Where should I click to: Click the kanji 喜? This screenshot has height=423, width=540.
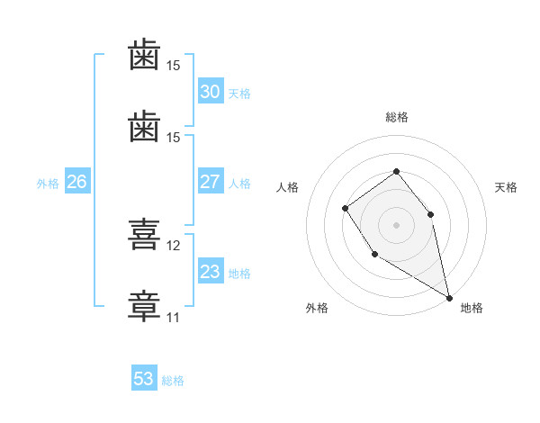point(144,234)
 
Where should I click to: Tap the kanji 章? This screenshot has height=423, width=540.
point(144,306)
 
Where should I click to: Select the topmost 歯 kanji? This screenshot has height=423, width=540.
point(144,54)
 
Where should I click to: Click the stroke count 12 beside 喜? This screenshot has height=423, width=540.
point(173,246)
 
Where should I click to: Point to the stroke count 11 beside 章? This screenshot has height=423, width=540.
point(173,318)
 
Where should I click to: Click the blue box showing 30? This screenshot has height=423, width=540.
point(211,91)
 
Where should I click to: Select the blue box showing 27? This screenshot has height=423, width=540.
point(211,181)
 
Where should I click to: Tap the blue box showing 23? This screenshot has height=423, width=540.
point(211,270)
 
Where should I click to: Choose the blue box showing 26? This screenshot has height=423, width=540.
point(77,181)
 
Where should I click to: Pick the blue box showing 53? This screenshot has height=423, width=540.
point(144,377)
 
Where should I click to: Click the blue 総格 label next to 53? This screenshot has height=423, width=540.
point(173,381)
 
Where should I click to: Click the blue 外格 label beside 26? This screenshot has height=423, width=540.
point(48,184)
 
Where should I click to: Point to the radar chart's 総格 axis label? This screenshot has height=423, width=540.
point(397,117)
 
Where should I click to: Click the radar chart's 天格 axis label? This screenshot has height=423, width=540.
point(506,187)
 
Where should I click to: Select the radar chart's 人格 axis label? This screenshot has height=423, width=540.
point(287,187)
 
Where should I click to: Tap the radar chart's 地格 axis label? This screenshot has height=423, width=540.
point(472,308)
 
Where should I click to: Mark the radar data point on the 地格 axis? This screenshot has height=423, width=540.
point(449,298)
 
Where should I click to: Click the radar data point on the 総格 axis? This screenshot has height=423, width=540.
point(396,171)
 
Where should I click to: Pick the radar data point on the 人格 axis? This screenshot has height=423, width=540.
point(345,209)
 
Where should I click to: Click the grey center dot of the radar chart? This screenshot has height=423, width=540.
point(396,225)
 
